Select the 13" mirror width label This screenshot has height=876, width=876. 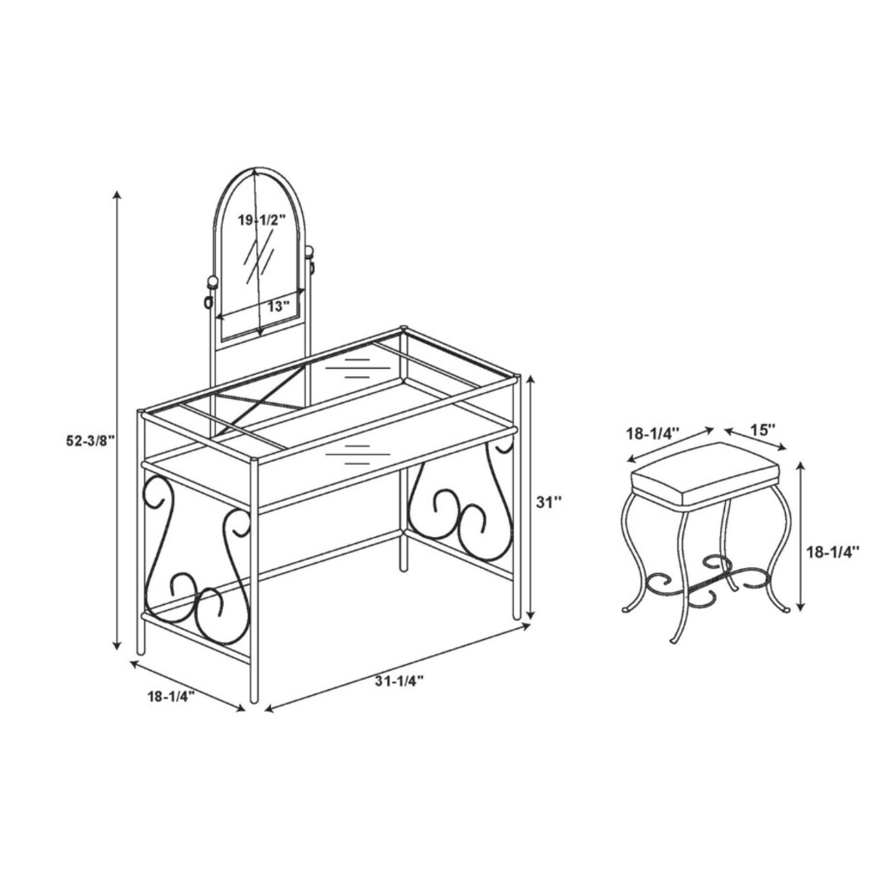278,305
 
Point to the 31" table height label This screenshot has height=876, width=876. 548,501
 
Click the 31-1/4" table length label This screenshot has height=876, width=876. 399,682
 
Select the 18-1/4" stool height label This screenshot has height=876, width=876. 835,551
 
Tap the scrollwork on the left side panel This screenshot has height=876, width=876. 196,576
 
